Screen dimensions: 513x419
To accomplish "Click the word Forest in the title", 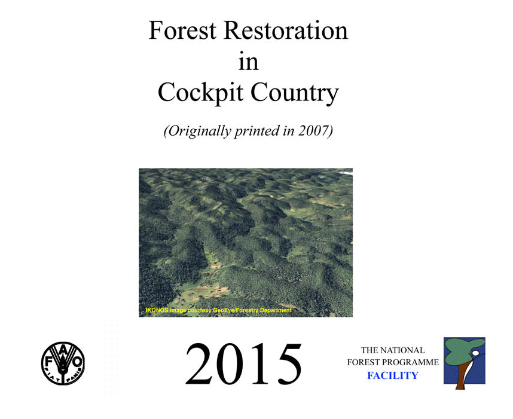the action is point(182,30).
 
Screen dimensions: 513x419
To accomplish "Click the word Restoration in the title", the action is point(286,30).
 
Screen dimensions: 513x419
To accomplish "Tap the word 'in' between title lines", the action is point(248,61).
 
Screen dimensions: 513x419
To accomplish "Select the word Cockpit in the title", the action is point(200,93).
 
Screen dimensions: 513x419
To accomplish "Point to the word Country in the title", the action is point(294,93).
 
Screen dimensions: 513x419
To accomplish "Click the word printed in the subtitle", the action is point(258,131).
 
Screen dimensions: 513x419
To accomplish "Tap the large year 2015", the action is point(243,363).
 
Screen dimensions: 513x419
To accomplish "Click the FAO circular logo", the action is point(63,363).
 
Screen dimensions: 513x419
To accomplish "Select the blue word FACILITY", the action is point(393,375).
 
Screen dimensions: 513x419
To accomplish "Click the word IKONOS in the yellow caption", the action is point(157,310).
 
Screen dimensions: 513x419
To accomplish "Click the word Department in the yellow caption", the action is point(276,310).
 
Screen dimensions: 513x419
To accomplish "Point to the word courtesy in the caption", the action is point(200,310).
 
